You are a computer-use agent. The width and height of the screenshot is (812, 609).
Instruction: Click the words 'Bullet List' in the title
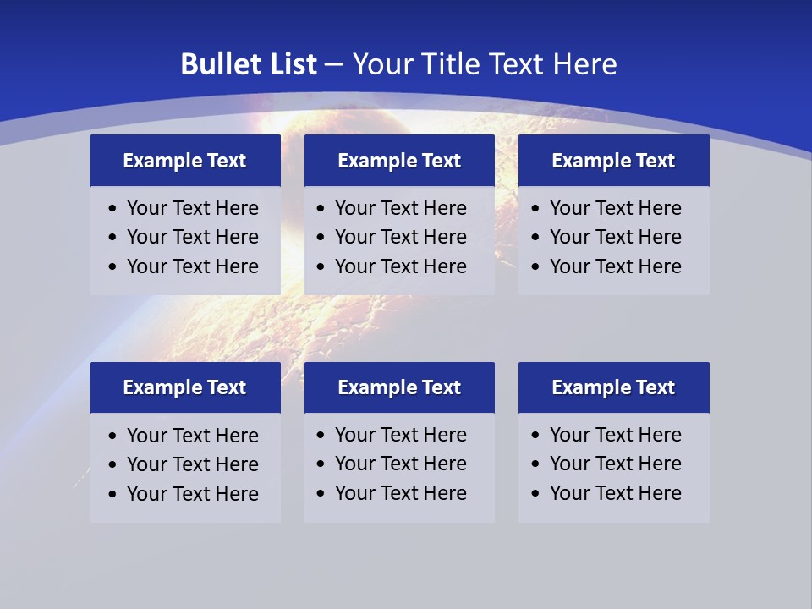pos(249,64)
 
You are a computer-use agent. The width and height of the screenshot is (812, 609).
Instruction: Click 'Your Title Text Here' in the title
pos(485,64)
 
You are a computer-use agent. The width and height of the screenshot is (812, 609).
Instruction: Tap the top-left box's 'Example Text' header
pos(184,161)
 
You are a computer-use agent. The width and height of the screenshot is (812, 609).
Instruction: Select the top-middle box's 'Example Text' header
pos(399,161)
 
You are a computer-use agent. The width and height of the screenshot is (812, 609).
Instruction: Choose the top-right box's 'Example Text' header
pos(613,161)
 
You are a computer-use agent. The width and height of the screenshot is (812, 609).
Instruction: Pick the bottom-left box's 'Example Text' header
pos(184,387)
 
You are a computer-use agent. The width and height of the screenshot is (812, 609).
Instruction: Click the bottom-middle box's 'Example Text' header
pos(399,387)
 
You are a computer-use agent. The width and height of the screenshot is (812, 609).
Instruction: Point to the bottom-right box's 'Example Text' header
pos(613,387)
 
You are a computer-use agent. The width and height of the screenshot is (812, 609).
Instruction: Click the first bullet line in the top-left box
pos(192,208)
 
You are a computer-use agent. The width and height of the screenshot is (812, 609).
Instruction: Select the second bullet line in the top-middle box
pos(400,237)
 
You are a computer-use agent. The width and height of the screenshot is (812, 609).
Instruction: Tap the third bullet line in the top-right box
pos(615,266)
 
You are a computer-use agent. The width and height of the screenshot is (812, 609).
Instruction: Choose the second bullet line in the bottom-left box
pos(192,464)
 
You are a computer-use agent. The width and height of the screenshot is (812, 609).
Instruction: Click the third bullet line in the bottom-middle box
pos(400,493)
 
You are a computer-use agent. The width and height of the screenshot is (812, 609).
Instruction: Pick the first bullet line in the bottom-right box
pos(615,435)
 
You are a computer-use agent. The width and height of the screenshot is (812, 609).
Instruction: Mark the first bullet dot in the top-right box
pos(535,209)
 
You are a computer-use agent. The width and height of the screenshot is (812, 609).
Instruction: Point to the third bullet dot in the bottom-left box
pos(112,494)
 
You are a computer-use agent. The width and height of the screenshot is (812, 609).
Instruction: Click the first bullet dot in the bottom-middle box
pos(321,436)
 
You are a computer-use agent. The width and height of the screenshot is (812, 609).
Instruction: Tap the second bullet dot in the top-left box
pos(112,238)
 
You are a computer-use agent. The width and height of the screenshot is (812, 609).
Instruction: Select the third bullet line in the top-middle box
pos(400,266)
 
